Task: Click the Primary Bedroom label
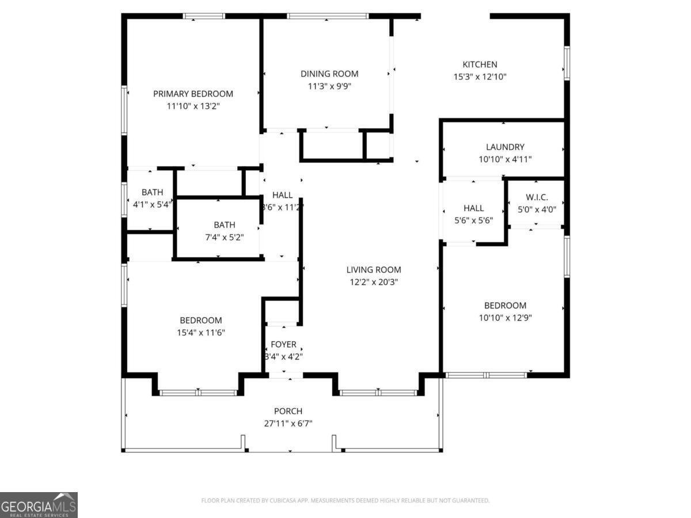tap(193, 94)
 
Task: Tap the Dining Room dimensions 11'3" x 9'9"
tap(329, 86)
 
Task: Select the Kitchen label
tap(480, 64)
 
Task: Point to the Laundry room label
tap(505, 147)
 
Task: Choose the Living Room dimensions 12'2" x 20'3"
tap(374, 282)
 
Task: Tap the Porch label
tap(288, 411)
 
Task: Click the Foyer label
tap(283, 344)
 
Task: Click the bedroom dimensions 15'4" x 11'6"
tap(200, 333)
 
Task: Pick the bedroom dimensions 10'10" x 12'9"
tap(505, 318)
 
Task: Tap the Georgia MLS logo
tap(39, 505)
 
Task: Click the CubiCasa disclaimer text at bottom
tap(345, 501)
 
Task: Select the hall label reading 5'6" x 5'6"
tap(473, 220)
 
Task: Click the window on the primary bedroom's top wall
tap(204, 16)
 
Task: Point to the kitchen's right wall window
tap(567, 63)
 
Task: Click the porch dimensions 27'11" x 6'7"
tap(288, 424)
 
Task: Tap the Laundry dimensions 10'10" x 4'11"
tap(505, 159)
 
